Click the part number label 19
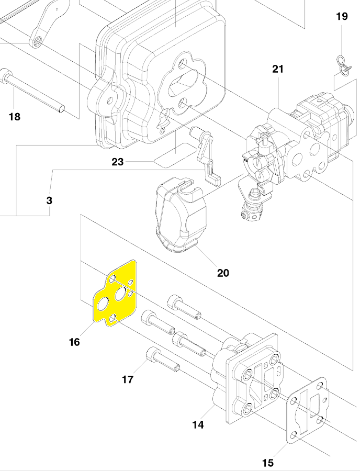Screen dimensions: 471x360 tap(341, 17)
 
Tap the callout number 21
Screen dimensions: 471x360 tap(278, 69)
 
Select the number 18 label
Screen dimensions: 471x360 tap(15, 116)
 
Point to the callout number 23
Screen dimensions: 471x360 tap(118, 162)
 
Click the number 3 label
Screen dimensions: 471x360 tap(49, 200)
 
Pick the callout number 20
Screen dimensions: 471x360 tap(223, 273)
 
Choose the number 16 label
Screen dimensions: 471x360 tap(74, 342)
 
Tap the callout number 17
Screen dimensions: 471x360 tap(128, 379)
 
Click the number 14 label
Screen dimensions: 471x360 tap(198, 425)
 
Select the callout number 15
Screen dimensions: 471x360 tap(267, 463)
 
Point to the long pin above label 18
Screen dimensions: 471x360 tap(34, 91)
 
